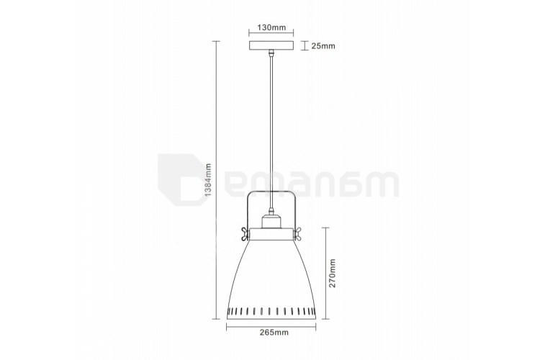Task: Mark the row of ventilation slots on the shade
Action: pyautogui.click(x=271, y=310)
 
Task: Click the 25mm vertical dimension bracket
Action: pyautogui.click(x=302, y=46)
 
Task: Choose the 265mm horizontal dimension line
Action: pyautogui.click(x=271, y=325)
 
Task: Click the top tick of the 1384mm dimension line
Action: pyautogui.click(x=217, y=42)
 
